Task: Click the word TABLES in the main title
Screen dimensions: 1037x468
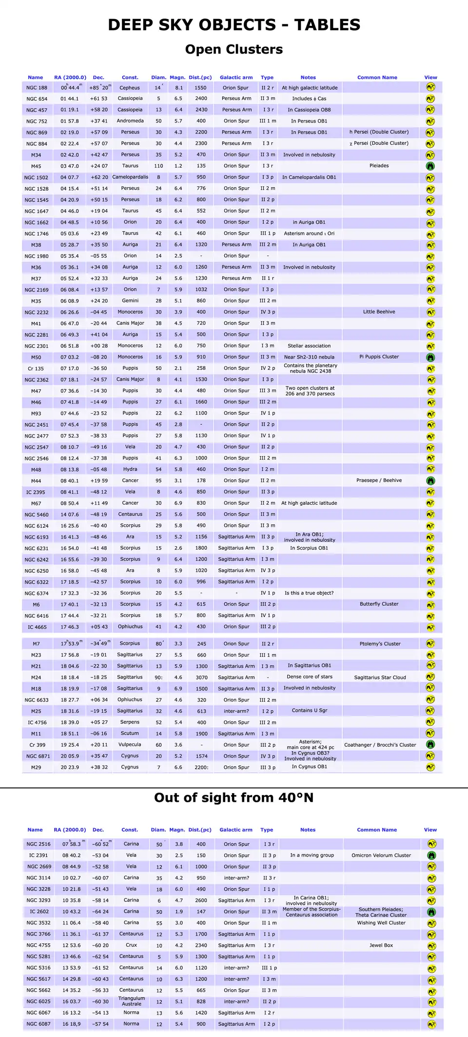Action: tap(327, 25)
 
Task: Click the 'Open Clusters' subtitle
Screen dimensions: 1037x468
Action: tap(234, 49)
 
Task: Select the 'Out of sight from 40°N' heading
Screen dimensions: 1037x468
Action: tap(234, 798)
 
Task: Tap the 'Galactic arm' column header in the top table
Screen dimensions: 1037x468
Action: tap(236, 78)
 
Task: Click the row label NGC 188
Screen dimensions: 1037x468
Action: tap(37, 88)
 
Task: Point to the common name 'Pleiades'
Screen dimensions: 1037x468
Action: tap(379, 166)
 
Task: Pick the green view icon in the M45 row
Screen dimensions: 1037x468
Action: tap(430, 166)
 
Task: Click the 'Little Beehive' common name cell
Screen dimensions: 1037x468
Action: tap(379, 312)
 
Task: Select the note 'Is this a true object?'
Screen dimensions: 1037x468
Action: tap(309, 593)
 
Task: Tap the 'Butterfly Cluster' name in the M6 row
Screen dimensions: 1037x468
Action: tap(379, 604)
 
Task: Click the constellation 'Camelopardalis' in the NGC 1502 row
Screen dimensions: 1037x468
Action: tap(130, 177)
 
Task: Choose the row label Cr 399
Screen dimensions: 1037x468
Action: tap(37, 745)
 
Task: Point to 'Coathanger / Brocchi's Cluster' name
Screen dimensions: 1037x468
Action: tap(380, 745)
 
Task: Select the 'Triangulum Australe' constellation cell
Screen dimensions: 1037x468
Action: tap(132, 1001)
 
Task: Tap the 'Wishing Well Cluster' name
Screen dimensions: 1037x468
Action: tap(381, 923)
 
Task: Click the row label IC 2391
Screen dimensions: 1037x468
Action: tap(39, 855)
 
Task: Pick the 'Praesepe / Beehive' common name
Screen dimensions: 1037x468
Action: tap(379, 480)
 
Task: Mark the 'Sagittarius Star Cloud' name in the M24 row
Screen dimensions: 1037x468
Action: tap(380, 678)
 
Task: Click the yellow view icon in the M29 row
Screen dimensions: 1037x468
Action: tap(430, 767)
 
